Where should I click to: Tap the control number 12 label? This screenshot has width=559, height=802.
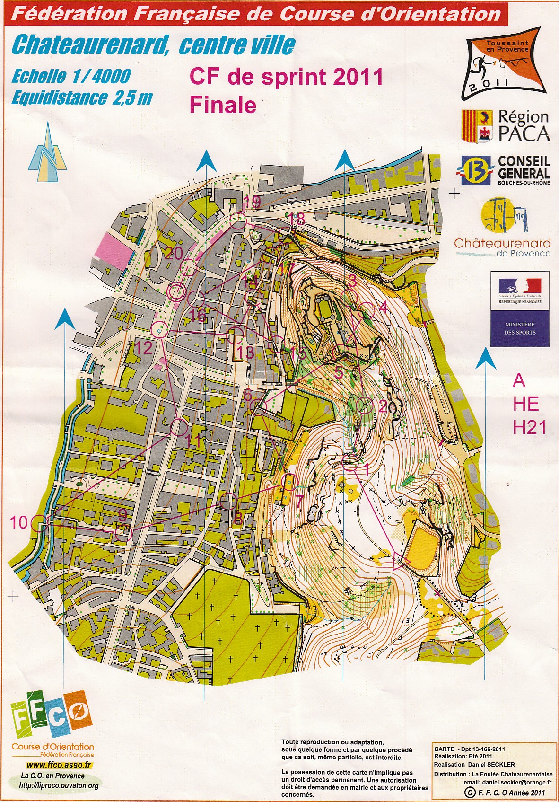pos(144,348)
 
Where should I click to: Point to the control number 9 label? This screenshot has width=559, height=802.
pos(122,514)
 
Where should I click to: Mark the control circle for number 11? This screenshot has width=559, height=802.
pos(179,427)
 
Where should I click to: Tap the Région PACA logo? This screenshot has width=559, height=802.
pos(505,126)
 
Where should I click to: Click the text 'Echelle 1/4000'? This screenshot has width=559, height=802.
pos(71,76)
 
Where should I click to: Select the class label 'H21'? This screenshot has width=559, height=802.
pos(529,428)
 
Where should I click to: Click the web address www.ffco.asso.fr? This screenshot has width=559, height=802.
pos(59,765)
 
